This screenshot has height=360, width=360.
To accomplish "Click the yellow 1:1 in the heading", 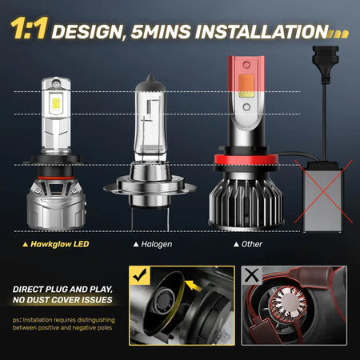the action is coord(30,28).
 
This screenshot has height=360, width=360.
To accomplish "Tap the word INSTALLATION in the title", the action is coord(262,32).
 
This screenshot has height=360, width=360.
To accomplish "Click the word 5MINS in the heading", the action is coord(161,32).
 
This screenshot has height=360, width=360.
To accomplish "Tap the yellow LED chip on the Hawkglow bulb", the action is coord(56,103).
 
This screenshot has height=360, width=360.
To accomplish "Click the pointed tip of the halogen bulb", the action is coord(150,75).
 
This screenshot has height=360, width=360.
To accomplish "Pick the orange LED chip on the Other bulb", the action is coord(246,83).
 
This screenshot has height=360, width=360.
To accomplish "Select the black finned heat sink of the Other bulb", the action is coord(246,202).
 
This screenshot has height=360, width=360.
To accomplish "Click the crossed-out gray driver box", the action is coord(323,196).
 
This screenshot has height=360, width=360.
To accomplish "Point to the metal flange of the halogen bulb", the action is coord(150,186).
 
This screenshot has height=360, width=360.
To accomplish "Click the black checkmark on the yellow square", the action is coord(140,275).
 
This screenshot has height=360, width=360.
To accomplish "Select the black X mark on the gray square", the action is coord(252,275).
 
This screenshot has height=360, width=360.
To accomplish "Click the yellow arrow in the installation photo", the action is coord(193,286).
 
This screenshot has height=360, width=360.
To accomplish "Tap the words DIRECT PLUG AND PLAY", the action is coord(62,290).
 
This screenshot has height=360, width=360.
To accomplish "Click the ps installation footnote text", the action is coord(64,324).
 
